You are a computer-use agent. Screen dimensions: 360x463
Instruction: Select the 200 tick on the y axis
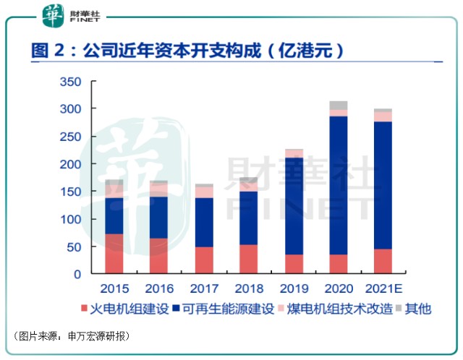[70, 164]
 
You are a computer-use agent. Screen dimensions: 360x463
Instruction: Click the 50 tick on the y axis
[74, 247]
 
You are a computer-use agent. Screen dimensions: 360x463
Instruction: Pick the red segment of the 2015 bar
[114, 254]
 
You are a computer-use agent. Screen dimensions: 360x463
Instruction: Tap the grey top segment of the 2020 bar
[339, 105]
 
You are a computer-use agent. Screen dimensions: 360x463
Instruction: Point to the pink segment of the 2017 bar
[205, 192]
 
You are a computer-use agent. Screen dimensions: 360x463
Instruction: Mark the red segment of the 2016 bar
[159, 256]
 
